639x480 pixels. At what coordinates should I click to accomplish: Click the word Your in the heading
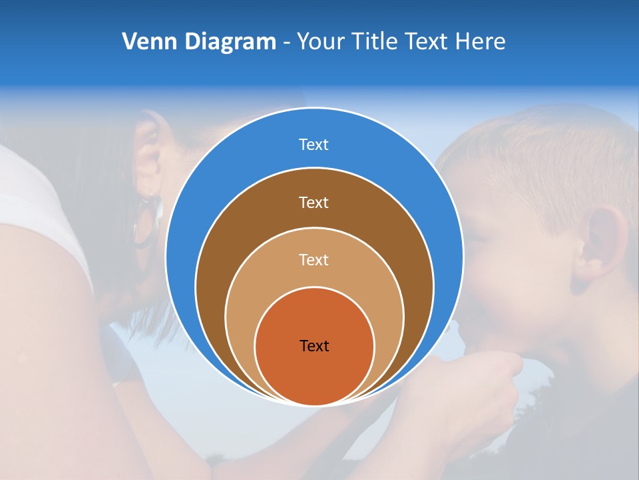(x=319, y=42)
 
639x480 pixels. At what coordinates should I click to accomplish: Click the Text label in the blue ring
(x=314, y=145)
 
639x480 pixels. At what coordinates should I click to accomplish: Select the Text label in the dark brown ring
(x=314, y=202)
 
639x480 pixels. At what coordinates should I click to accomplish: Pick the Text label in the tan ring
(x=314, y=259)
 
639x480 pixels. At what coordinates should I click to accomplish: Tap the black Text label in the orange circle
(x=314, y=346)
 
